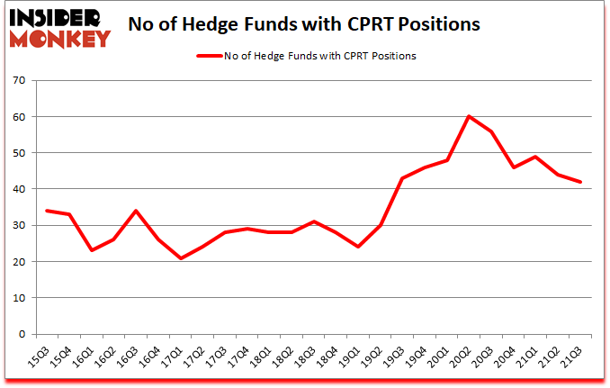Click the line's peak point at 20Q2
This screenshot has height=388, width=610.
469,117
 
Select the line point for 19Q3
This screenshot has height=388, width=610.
401,178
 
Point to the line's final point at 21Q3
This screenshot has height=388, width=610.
581,182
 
